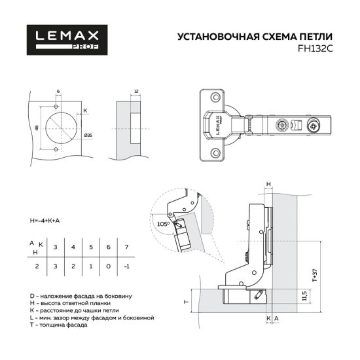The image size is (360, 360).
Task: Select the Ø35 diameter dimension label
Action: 87,134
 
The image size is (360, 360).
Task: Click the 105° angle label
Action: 162,223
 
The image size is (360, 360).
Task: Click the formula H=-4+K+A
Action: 45,221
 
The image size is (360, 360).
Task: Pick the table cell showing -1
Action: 126,267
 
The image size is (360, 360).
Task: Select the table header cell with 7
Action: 126,247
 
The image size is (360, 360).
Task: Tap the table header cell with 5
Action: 91,247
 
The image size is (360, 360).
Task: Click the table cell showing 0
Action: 109,267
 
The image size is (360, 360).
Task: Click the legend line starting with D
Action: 79,297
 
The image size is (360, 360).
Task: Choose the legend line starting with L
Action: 92,317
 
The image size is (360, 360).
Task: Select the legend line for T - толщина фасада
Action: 61,324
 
